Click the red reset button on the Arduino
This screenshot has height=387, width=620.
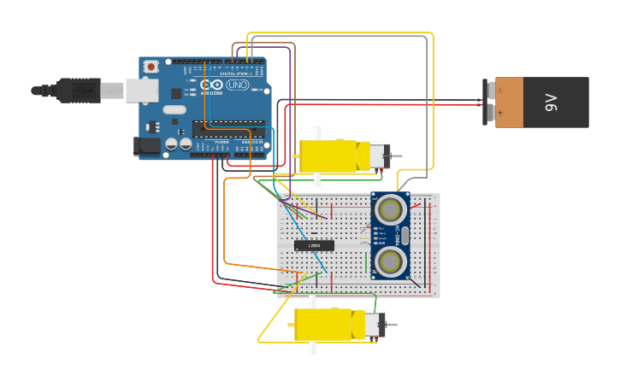tap(151, 67)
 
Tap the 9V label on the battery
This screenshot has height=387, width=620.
tap(551, 103)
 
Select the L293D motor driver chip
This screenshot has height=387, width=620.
tap(314, 245)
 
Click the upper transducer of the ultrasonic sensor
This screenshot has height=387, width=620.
tap(390, 208)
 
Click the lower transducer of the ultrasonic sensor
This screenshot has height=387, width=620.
tap(390, 261)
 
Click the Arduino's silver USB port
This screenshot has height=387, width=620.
tap(141, 91)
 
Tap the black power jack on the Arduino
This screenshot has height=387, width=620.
tap(148, 147)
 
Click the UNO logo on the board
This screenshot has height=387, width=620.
tap(237, 85)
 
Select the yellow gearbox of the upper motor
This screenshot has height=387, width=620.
tap(328, 156)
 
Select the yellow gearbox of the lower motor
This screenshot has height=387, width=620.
tap(322, 325)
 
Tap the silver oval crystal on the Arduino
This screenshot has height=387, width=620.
tap(174, 109)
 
